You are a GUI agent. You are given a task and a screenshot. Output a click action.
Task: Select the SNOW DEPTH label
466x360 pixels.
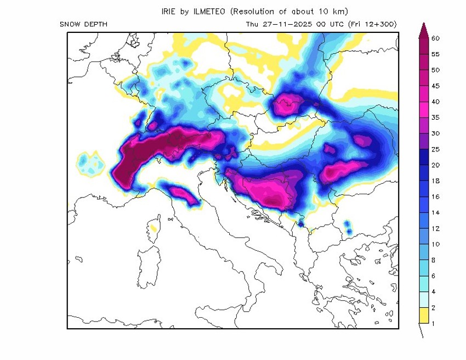(x=83, y=24)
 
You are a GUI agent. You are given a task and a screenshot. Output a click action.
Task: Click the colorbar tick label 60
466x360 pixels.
(x=436, y=38)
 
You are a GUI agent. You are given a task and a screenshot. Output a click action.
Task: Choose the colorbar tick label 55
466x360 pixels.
(x=436, y=54)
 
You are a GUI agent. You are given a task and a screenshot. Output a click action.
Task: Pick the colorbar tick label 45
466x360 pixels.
(x=436, y=86)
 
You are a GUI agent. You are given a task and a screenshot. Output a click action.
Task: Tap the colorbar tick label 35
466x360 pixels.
(x=436, y=117)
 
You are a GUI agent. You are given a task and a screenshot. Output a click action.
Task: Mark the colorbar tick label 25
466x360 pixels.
(x=436, y=149)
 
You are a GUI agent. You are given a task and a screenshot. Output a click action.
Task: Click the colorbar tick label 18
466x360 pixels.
(x=436, y=181)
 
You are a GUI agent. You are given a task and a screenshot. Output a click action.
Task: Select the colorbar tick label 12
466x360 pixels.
(x=436, y=228)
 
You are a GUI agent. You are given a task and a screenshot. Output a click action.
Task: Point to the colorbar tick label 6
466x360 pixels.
(x=434, y=275)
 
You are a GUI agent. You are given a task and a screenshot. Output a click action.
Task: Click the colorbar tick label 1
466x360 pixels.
(x=434, y=323)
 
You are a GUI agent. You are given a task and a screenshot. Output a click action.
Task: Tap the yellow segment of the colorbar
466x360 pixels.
(x=423, y=316)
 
